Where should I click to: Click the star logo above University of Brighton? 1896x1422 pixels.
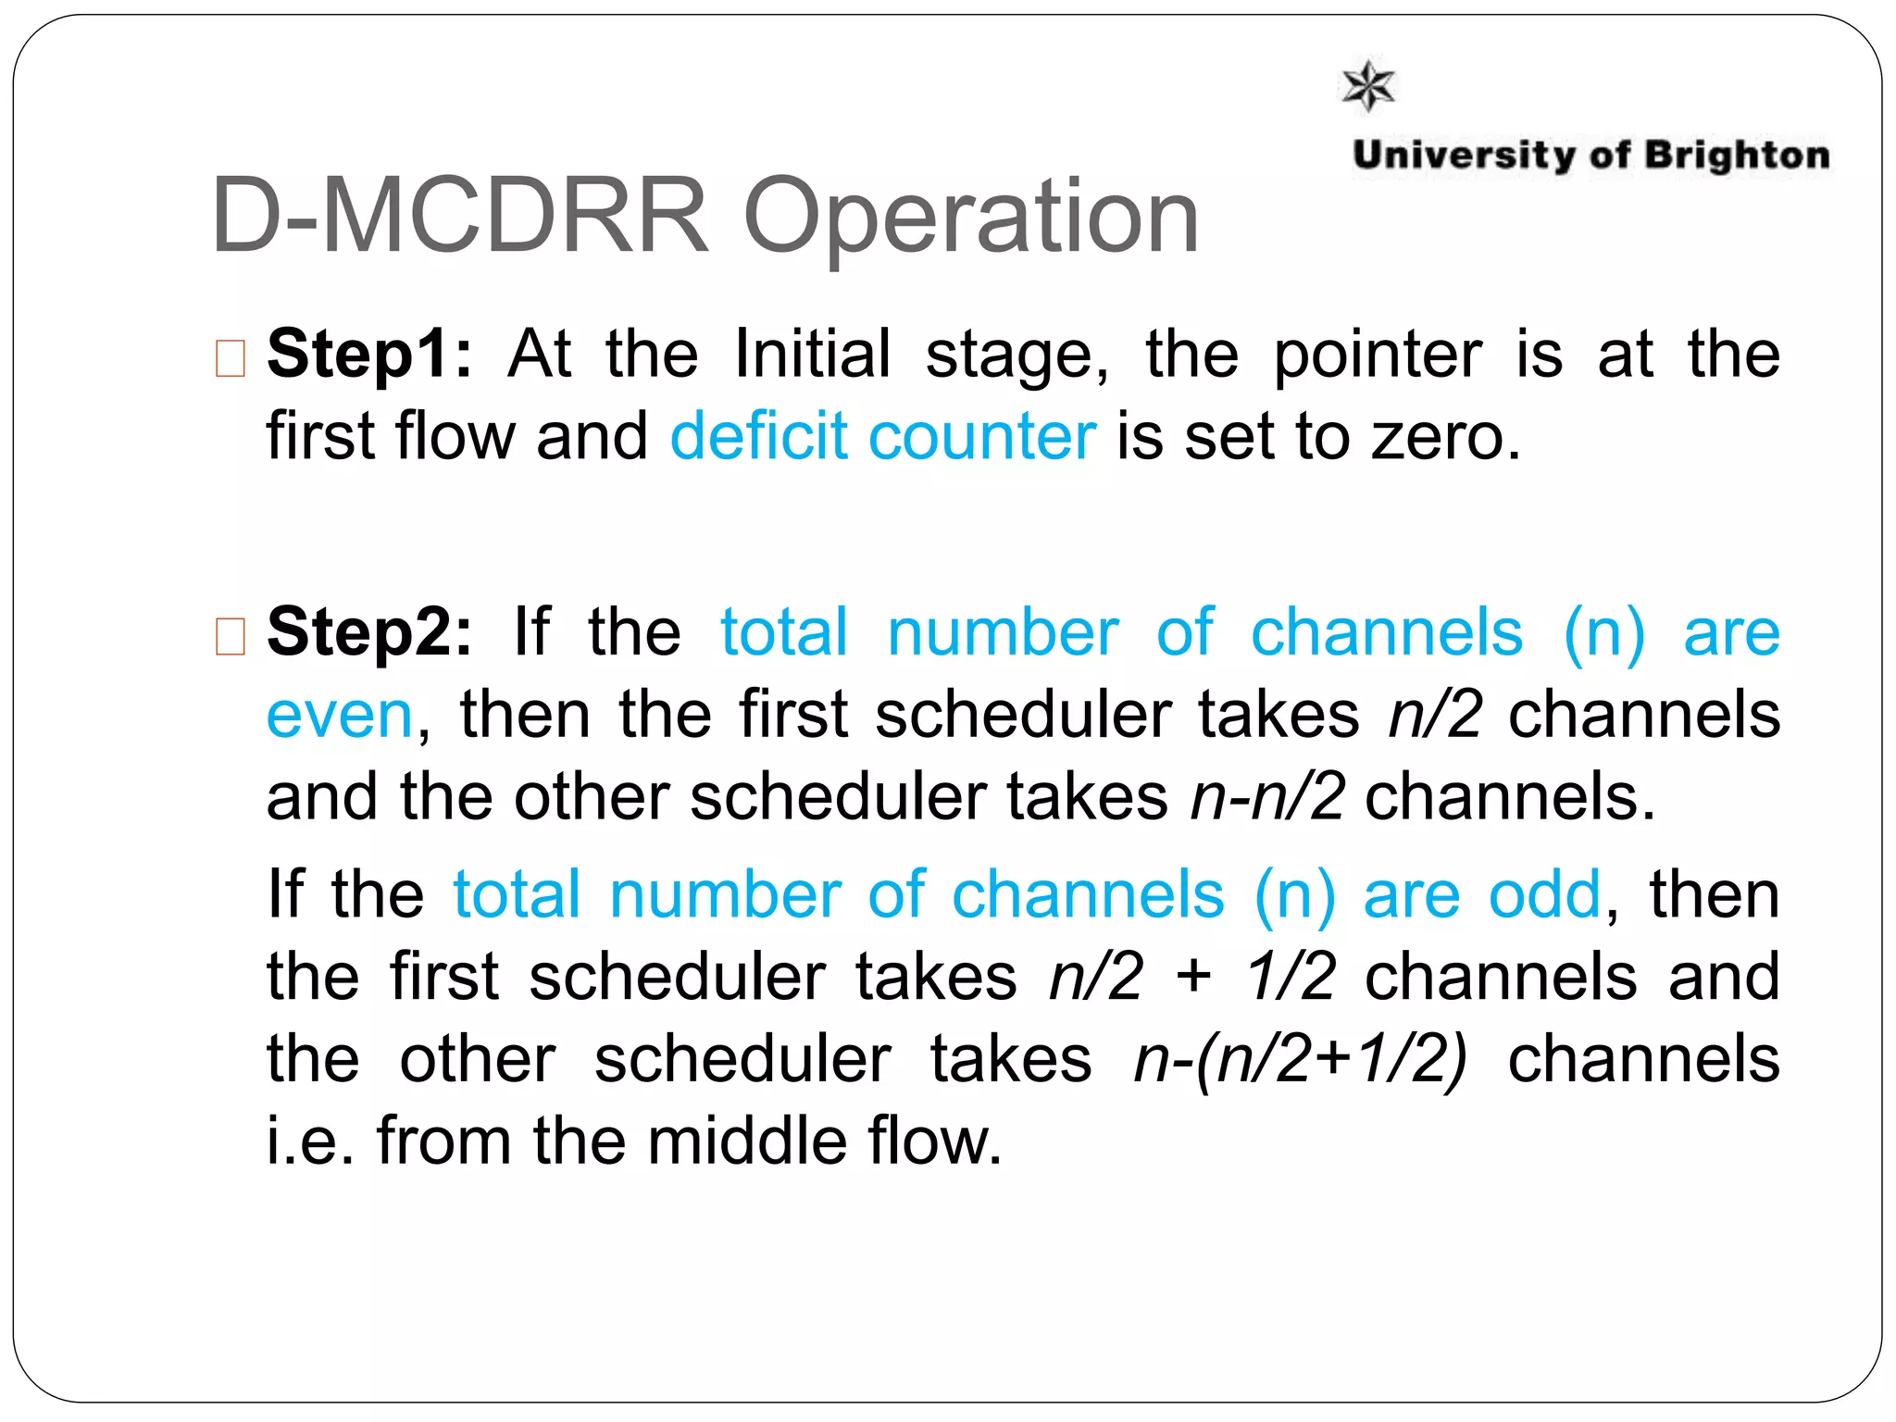(x=1368, y=86)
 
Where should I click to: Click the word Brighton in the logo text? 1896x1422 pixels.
(x=1737, y=156)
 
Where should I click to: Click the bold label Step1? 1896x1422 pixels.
(x=369, y=355)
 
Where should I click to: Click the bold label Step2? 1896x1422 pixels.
(x=369, y=632)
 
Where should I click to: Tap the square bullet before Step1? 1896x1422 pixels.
(x=230, y=358)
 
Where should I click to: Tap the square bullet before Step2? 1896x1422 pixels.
(x=230, y=636)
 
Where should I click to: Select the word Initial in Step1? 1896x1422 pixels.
(x=812, y=355)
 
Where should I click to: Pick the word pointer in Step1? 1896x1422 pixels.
(x=1378, y=355)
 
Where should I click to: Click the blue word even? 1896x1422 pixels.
(x=339, y=716)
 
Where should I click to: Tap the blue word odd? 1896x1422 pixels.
(x=1544, y=895)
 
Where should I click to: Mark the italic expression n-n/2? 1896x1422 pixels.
(x=1267, y=797)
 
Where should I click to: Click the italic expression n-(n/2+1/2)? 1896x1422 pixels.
(x=1301, y=1059)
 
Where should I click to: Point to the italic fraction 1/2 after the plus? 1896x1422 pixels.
(x=1290, y=977)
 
